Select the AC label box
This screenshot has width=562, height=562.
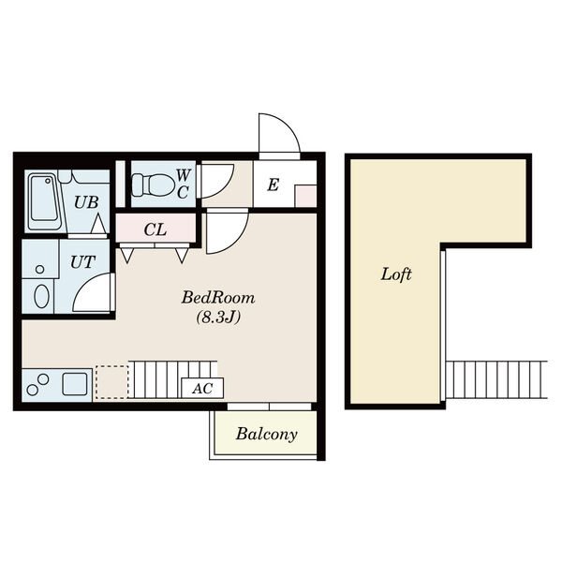[x=202, y=388]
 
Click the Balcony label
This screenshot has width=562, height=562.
[x=267, y=434]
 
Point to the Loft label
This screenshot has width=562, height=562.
[x=396, y=274]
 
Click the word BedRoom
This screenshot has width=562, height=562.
[x=218, y=298]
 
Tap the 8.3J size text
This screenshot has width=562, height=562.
[x=218, y=317]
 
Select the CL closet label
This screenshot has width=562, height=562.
[x=155, y=229]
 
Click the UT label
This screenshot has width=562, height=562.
[x=82, y=262]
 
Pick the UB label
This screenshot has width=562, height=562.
[x=86, y=202]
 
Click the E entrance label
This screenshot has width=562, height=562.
[x=274, y=185]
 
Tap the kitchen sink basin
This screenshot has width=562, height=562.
[x=75, y=384]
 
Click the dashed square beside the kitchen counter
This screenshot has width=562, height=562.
[x=112, y=382]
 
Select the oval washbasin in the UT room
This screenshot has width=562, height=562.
[x=41, y=296]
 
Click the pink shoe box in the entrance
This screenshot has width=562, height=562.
[x=305, y=196]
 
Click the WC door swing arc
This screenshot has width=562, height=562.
[x=225, y=189]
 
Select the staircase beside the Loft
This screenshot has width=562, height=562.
[x=496, y=380]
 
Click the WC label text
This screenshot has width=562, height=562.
[x=183, y=184]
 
